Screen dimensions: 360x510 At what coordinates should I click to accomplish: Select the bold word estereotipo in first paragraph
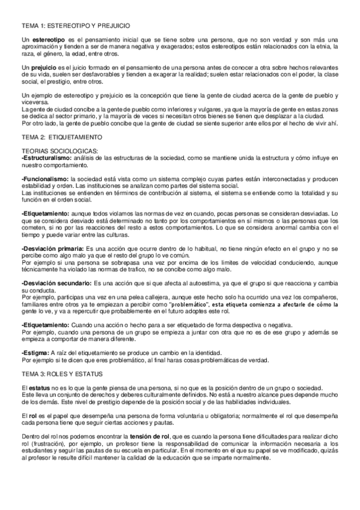[46, 39]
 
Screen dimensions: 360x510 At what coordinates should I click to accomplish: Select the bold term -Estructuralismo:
[46, 157]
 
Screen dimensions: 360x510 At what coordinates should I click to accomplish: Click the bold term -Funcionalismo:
[44, 179]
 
